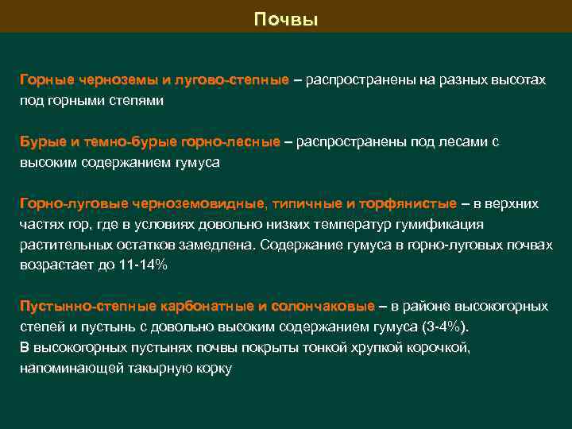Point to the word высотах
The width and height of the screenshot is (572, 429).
click(x=519, y=81)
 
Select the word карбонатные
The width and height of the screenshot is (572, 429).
click(x=208, y=306)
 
